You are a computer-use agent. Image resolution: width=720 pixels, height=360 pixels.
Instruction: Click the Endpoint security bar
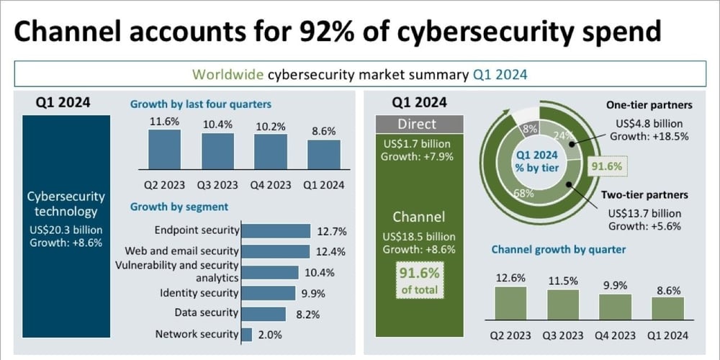click(x=276, y=231)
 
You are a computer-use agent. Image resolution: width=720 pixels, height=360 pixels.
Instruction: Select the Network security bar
click(x=246, y=334)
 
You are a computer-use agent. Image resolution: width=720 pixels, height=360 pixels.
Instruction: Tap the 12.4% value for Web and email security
click(x=330, y=251)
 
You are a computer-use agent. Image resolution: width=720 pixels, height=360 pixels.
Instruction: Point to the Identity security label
click(x=199, y=293)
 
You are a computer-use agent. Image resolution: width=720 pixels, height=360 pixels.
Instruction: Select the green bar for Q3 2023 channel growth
click(x=562, y=305)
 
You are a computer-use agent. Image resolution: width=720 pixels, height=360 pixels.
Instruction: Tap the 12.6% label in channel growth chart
click(x=510, y=277)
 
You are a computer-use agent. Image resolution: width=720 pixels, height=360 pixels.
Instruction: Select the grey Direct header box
click(x=418, y=124)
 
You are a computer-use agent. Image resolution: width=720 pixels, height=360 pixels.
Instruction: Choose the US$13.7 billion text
click(x=644, y=213)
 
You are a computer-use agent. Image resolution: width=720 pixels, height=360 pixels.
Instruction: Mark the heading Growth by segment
click(x=179, y=207)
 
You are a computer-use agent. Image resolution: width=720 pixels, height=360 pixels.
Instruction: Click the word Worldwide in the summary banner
click(x=228, y=74)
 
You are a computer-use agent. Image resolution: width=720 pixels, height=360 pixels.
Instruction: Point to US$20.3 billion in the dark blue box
click(x=66, y=230)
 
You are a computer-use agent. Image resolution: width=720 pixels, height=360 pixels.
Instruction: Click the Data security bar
click(x=266, y=313)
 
